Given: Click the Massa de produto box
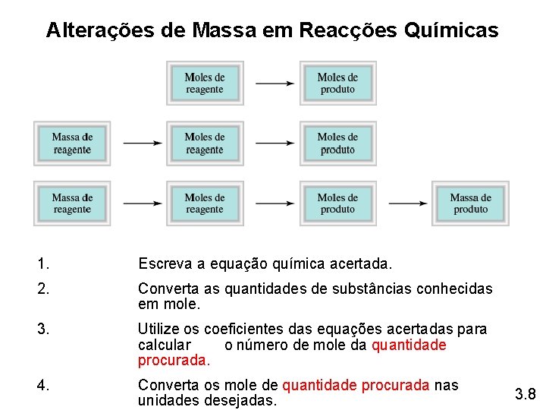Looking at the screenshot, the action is [470, 203].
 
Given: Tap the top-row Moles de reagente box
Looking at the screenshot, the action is [205, 83].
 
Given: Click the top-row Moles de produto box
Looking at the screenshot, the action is [337, 83].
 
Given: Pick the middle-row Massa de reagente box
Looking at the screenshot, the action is [72, 143].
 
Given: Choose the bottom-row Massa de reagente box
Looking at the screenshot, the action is [72, 203].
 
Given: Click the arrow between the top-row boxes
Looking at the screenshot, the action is [275, 83].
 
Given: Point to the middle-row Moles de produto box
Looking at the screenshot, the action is [337, 143].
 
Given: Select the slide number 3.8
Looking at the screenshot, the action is [525, 394].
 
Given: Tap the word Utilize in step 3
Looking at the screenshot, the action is [159, 330].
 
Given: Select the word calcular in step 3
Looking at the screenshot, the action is [164, 345].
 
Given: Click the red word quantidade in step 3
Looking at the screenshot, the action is [409, 345].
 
